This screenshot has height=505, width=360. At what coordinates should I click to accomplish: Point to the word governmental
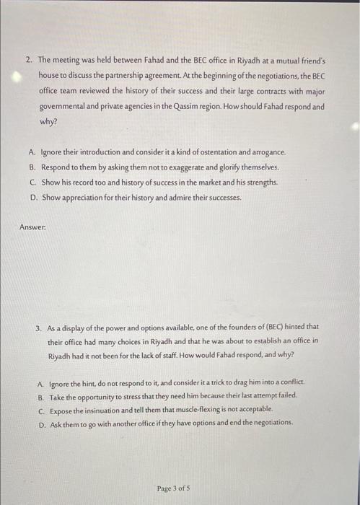pyautogui.click(x=66, y=107)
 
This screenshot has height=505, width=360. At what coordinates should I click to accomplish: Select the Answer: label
pyautogui.click(x=31, y=227)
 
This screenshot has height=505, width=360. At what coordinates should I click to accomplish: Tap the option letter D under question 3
pyautogui.click(x=40, y=423)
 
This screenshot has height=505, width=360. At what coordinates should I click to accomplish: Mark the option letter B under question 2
pyautogui.click(x=33, y=167)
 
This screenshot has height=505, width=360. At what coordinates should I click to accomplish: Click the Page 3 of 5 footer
pyautogui.click(x=173, y=488)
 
